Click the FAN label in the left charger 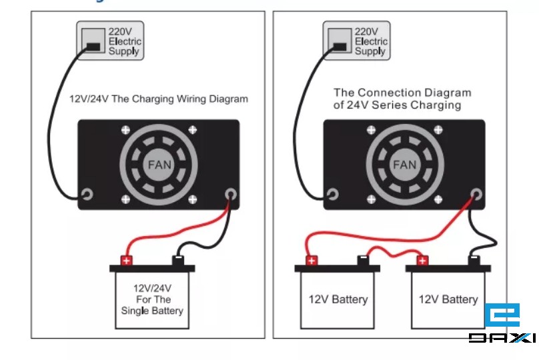(x=159, y=164)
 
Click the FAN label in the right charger (x=404, y=164)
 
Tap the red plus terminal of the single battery (x=127, y=260)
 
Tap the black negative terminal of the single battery (x=178, y=259)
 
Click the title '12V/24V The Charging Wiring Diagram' (x=159, y=99)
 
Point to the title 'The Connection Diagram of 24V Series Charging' (x=402, y=99)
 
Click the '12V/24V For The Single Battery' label (x=152, y=299)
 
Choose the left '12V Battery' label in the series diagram (x=338, y=299)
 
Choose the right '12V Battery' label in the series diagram (x=448, y=299)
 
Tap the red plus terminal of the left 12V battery (x=311, y=260)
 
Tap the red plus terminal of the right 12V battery (x=422, y=260)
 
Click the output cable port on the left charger (x=231, y=194)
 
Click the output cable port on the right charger (x=476, y=194)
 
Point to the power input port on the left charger (x=87, y=194)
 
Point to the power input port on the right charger (x=332, y=194)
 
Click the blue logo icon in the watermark (x=502, y=316)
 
